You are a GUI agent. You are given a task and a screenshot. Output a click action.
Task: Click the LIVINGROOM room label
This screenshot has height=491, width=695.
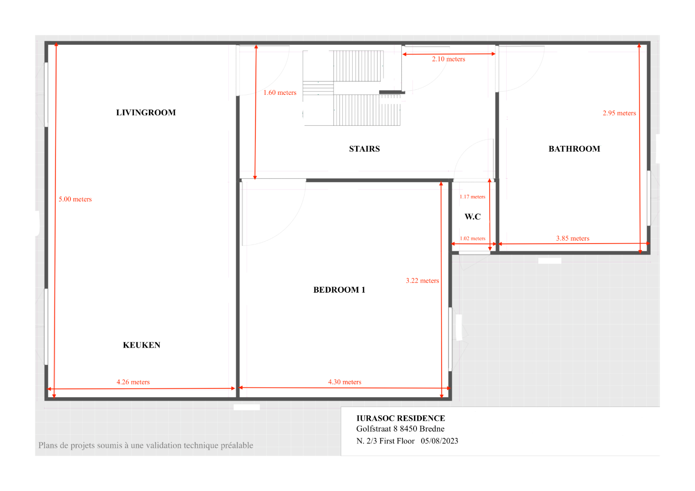pyautogui.click(x=146, y=112)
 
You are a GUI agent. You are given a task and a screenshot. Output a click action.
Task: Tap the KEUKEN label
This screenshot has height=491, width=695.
pyautogui.click(x=141, y=345)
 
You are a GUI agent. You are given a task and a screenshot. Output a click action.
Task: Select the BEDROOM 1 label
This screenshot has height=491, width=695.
pyautogui.click(x=339, y=290)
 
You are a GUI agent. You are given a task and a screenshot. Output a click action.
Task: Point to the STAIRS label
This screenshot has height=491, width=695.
pyautogui.click(x=364, y=149)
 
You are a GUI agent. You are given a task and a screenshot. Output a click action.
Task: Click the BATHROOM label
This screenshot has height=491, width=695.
pyautogui.click(x=574, y=149)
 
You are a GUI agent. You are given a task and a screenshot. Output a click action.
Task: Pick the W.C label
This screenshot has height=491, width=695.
pyautogui.click(x=473, y=217)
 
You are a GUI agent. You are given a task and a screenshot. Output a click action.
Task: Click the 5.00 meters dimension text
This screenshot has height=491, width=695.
pyautogui.click(x=75, y=199)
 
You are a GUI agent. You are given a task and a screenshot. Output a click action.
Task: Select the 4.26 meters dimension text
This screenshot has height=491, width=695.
pyautogui.click(x=133, y=382)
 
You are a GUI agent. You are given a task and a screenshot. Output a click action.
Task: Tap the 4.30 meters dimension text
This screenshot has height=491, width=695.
pyautogui.click(x=345, y=382)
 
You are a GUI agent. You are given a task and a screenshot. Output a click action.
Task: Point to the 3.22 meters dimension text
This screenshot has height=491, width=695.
pyautogui.click(x=422, y=281)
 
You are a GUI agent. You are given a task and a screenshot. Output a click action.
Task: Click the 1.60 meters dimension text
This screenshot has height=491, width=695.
pyautogui.click(x=280, y=93)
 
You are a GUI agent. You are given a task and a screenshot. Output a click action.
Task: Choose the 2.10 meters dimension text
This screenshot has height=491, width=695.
pyautogui.click(x=448, y=59)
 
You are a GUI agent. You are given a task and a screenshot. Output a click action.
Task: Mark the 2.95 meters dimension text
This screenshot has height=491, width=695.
pyautogui.click(x=619, y=113)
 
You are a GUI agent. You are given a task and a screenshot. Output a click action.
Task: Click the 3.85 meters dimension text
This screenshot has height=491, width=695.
pyautogui.click(x=573, y=239)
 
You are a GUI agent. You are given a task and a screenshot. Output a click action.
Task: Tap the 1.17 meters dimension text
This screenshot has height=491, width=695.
pyautogui.click(x=473, y=197)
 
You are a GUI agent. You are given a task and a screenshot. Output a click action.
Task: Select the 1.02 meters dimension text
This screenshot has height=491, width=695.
pyautogui.click(x=473, y=239)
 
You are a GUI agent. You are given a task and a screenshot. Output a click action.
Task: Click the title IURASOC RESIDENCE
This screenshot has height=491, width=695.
pyautogui.click(x=401, y=418)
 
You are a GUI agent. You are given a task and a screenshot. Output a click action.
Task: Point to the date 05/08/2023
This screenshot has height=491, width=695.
pyautogui.click(x=439, y=441)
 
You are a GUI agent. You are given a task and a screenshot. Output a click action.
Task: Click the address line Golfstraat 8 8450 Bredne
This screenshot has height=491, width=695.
pyautogui.click(x=400, y=429)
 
